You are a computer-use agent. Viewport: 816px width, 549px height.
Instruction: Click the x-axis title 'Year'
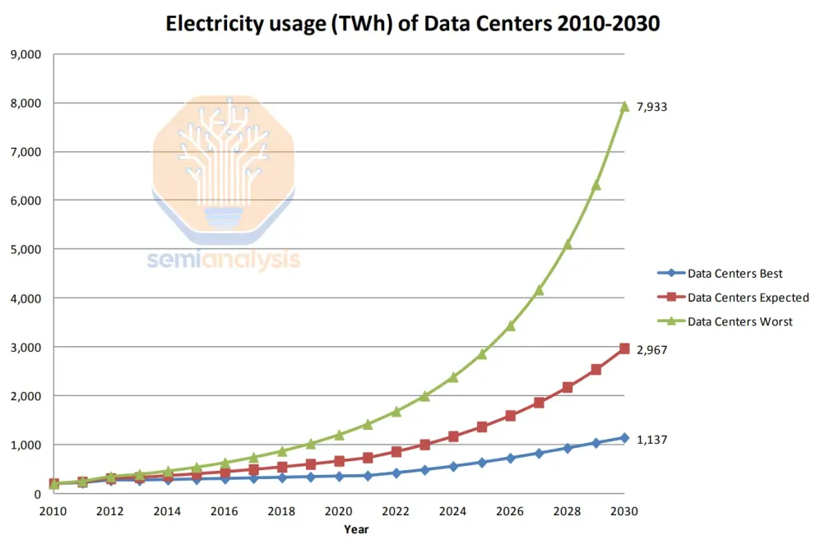click(x=356, y=529)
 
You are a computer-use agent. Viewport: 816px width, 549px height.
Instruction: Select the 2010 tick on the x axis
click(x=53, y=510)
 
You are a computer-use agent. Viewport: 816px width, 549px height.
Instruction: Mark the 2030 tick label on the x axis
click(x=624, y=510)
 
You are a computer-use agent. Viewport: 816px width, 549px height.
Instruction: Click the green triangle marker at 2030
click(x=624, y=106)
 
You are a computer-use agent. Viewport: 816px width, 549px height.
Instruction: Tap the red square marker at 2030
click(x=624, y=348)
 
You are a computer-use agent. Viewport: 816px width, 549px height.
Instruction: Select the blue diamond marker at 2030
click(x=624, y=438)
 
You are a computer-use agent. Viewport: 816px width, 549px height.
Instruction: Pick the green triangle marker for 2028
click(x=568, y=243)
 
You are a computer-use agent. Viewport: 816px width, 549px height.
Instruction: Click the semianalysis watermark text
click(x=224, y=260)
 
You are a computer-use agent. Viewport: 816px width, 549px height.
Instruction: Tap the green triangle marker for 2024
click(x=453, y=377)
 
